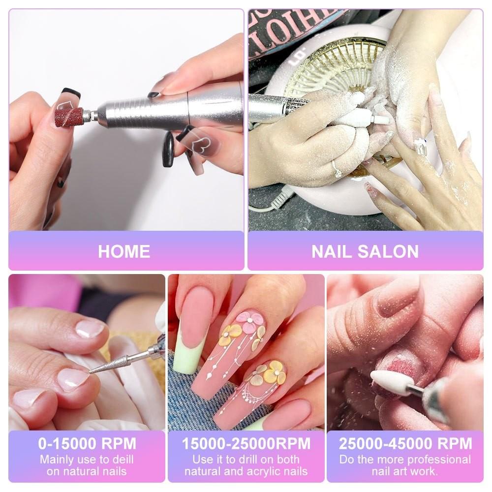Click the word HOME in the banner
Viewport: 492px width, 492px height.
pyautogui.click(x=124, y=251)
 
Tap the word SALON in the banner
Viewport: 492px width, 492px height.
pyautogui.click(x=388, y=251)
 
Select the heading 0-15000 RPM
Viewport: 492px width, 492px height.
pyautogui.click(x=87, y=443)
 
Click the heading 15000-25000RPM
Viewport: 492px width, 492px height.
pyautogui.click(x=246, y=443)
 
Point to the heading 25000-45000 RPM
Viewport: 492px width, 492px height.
pyautogui.click(x=405, y=443)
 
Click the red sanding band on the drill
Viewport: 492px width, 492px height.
pyautogui.click(x=68, y=117)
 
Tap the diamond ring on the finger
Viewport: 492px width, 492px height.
pyautogui.click(x=338, y=170)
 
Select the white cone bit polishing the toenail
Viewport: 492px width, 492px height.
pyautogui.click(x=389, y=381)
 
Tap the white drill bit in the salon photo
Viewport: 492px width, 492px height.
pyautogui.click(x=367, y=117)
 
